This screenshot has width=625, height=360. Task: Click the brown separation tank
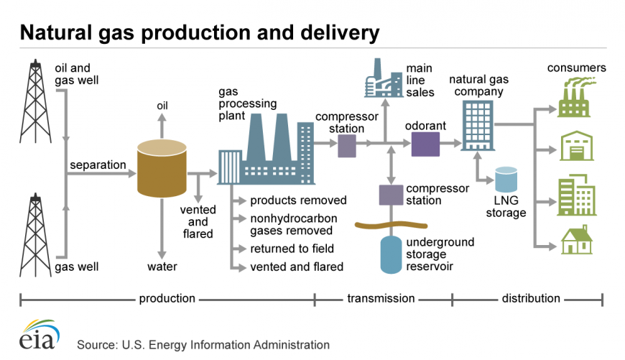pyautogui.click(x=162, y=169)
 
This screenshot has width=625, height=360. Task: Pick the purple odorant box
pyautogui.click(x=425, y=144)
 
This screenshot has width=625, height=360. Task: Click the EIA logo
pyautogui.click(x=35, y=336)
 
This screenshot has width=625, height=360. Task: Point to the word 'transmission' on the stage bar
pyautogui.click(x=381, y=298)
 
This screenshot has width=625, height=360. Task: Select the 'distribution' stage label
pyautogui.click(x=531, y=298)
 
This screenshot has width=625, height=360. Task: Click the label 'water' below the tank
pyautogui.click(x=162, y=267)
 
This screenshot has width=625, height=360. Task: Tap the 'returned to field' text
pyautogui.click(x=292, y=249)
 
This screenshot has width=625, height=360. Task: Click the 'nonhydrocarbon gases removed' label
pyautogui.click(x=292, y=224)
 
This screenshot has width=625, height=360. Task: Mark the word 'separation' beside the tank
pyautogui.click(x=98, y=165)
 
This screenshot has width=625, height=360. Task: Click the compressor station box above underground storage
pyautogui.click(x=391, y=195)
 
